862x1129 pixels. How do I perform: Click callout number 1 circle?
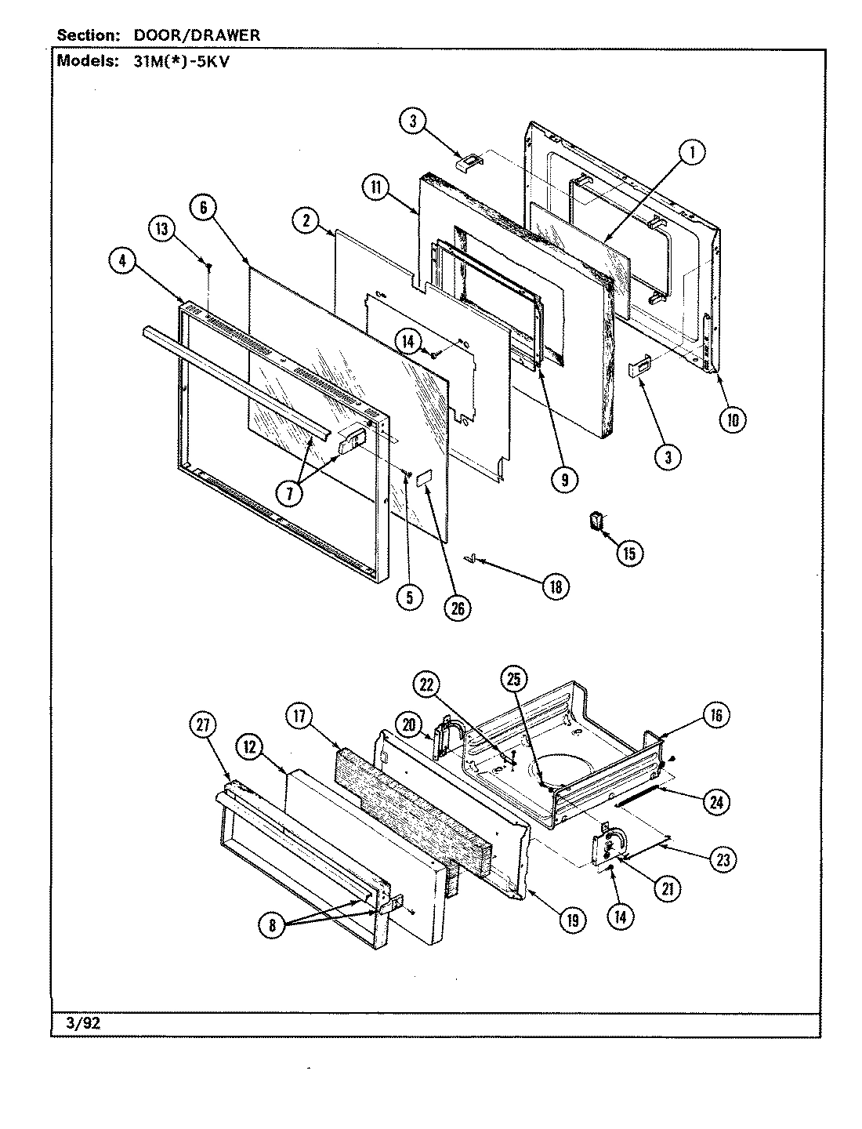click(691, 153)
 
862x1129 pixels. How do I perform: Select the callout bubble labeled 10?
click(732, 419)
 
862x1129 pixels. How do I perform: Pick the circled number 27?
click(203, 725)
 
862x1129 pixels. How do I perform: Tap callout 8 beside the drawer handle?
click(272, 925)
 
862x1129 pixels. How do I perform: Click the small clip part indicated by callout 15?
click(598, 521)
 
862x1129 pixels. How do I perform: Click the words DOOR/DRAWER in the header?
click(192, 35)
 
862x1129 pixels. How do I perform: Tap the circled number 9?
click(564, 479)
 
